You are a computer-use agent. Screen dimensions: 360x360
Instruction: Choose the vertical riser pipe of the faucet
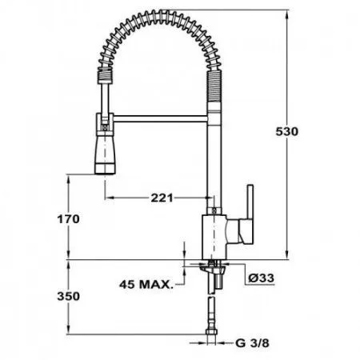[213, 160]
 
